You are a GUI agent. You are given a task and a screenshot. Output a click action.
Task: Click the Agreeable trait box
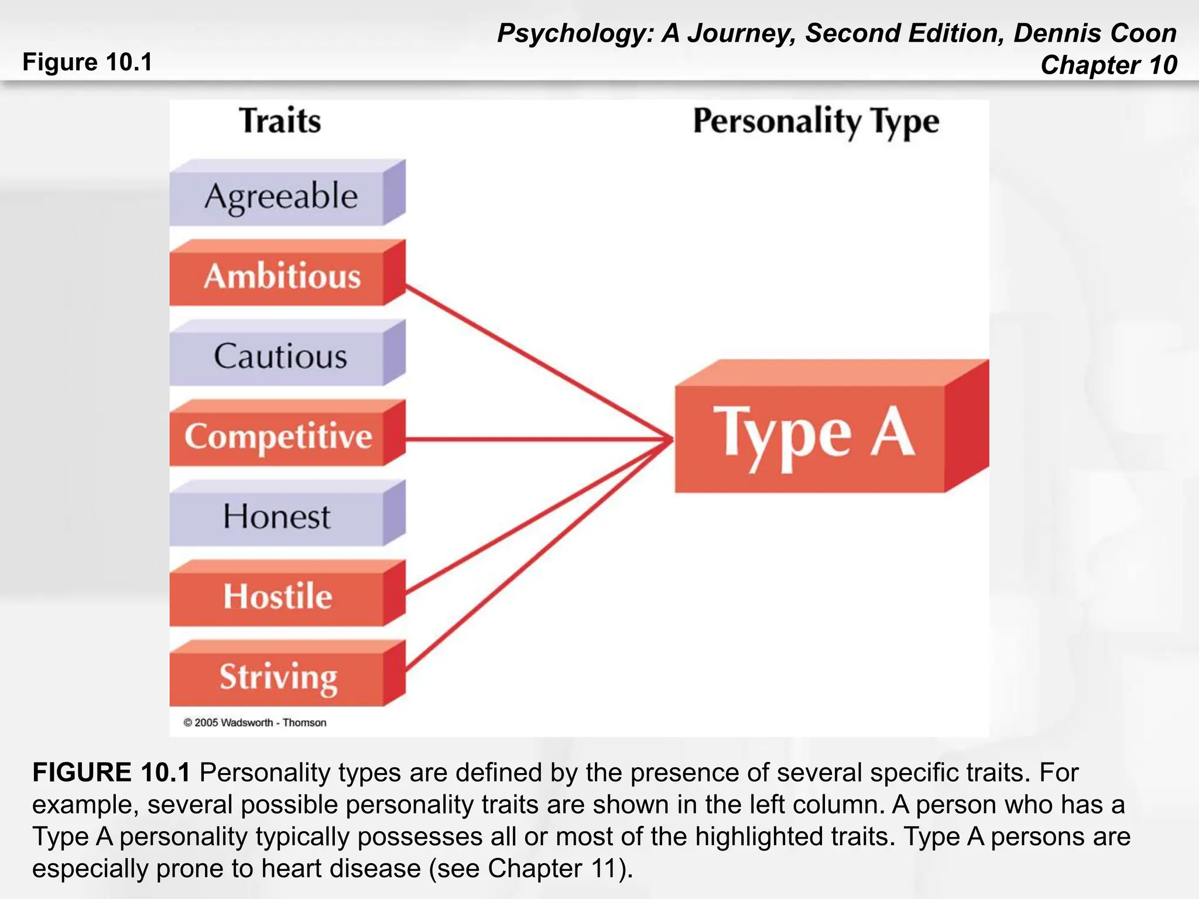pos(281,196)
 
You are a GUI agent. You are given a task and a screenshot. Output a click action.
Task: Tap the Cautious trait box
pos(280,356)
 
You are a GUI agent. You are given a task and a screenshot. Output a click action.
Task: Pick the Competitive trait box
pos(279,437)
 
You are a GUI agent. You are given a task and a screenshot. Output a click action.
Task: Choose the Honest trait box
pos(277,517)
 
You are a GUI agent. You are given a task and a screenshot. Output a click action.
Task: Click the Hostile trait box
pos(278,596)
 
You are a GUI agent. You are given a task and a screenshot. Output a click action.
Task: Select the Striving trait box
pos(278,677)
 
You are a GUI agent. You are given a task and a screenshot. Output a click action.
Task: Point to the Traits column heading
pos(280,121)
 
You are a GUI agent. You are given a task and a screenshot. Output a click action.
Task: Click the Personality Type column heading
pos(816,122)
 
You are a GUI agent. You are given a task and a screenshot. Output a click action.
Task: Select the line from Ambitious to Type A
pos(539,362)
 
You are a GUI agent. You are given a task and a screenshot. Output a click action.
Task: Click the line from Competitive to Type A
pos(539,439)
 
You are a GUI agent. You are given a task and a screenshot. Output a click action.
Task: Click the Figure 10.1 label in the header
pos(87,62)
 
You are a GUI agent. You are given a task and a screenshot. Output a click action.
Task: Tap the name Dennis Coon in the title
pos(1095,33)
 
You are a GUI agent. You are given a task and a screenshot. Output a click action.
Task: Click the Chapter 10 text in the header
pos(1108,65)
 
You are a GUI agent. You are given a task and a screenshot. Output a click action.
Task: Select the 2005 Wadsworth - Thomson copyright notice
pos(255,723)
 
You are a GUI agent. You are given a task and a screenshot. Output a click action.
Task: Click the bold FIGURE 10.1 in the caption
pos(111,773)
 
